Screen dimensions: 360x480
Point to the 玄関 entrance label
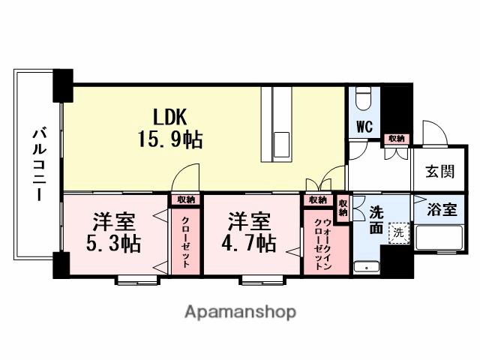coord(441,172)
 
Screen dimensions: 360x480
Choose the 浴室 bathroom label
coord(441,209)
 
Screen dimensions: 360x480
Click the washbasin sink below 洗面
coord(367,265)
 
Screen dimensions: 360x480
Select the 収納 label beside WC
coord(395,139)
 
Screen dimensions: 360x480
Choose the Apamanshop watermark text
coord(239,311)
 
